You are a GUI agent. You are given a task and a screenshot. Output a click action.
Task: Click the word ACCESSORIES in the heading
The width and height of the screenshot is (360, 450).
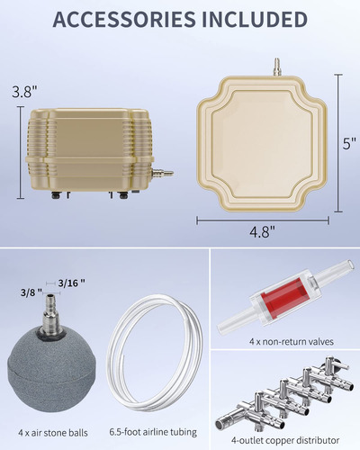[123, 20]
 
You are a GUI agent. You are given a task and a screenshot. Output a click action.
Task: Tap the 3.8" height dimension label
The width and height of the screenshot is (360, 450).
[24, 92]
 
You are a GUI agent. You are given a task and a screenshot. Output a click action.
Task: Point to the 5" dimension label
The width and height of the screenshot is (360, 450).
[350, 144]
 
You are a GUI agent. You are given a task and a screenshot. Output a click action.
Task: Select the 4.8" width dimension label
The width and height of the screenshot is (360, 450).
[263, 231]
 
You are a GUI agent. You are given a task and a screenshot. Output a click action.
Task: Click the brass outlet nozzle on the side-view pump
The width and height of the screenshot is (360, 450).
[163, 173]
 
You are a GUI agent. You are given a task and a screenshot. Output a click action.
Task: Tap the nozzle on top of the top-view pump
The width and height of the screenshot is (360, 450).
[275, 67]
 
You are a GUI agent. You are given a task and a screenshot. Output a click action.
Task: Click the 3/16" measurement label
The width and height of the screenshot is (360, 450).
[71, 283]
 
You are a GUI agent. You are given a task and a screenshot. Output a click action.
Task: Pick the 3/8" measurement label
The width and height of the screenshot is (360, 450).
[31, 292]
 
